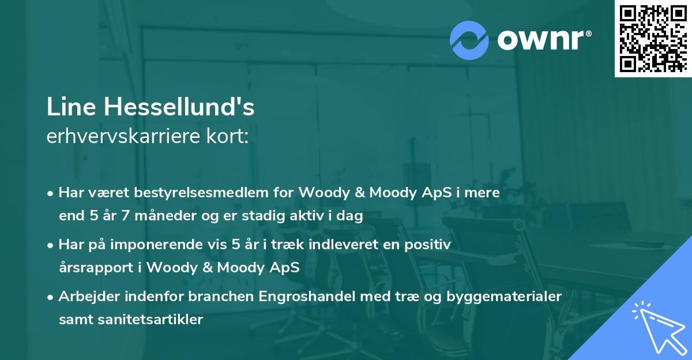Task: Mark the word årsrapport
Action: tap(91, 268)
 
